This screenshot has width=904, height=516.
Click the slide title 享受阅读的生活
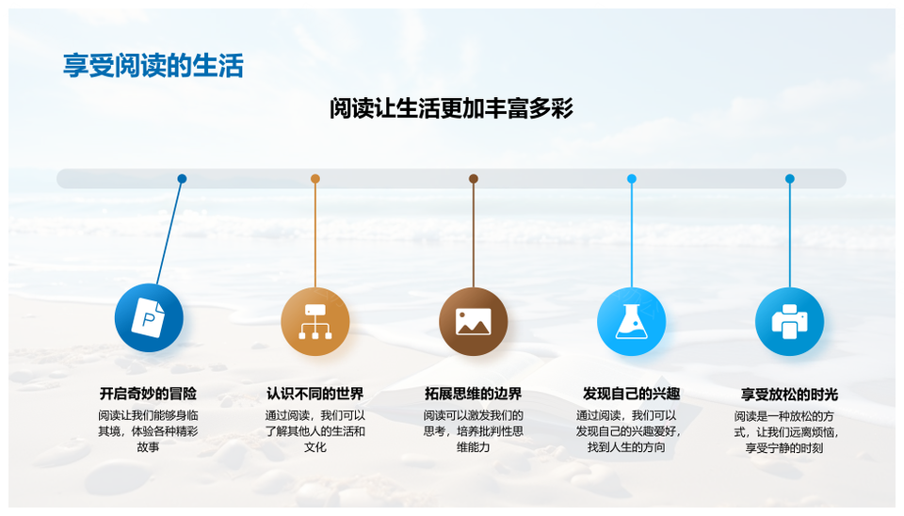(x=153, y=65)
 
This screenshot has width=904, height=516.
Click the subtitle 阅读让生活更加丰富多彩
(x=451, y=108)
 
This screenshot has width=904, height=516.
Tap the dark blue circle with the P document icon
(x=149, y=317)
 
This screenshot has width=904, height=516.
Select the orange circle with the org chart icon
(x=315, y=321)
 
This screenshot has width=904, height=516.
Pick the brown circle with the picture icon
(x=474, y=321)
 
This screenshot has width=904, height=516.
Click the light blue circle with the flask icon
(x=631, y=321)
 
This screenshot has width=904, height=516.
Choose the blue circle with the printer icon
(x=789, y=321)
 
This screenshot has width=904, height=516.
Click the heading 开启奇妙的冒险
(x=148, y=394)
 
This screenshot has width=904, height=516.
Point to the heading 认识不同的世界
(x=315, y=394)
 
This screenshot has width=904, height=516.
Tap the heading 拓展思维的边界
(x=474, y=394)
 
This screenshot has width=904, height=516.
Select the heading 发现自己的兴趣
(x=631, y=394)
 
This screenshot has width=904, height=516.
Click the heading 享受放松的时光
(x=789, y=395)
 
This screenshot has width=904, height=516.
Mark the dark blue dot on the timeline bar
(x=182, y=179)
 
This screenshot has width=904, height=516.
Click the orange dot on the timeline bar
(x=315, y=179)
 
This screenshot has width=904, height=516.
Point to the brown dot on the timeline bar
(x=474, y=179)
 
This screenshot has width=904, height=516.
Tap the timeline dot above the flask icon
(x=631, y=179)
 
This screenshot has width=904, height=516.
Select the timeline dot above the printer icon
(x=790, y=179)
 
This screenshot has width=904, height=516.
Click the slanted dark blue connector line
(x=169, y=232)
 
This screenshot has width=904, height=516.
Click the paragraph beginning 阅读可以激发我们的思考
(x=474, y=431)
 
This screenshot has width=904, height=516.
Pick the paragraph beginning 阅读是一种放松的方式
(x=785, y=432)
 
